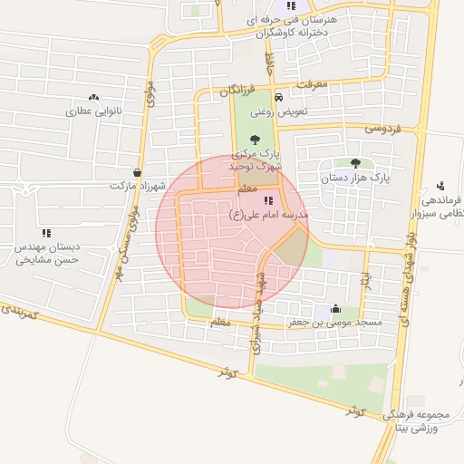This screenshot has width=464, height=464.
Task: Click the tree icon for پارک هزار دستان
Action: (354, 163)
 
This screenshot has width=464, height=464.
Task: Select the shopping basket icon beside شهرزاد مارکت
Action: (137, 172)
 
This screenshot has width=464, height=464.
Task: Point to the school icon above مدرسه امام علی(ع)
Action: (267, 200)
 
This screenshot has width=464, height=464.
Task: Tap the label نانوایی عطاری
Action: (92, 112)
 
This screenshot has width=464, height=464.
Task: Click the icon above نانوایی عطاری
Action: (93, 97)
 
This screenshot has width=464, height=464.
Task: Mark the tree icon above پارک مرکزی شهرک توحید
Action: (253, 140)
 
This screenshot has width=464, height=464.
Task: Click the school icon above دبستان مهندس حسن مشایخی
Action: (46, 233)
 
